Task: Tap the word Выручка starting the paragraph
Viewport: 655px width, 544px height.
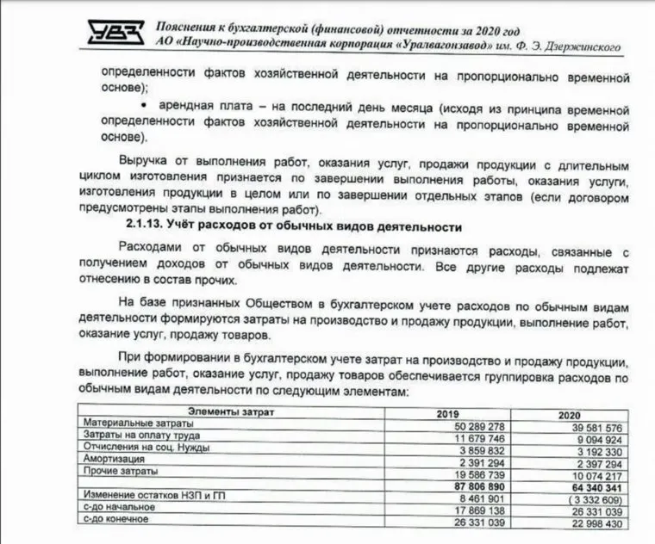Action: click(x=147, y=164)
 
